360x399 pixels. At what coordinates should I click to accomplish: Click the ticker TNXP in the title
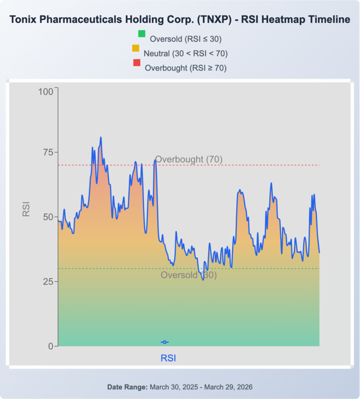[x=213, y=20]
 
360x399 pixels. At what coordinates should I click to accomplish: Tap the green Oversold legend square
[x=142, y=34]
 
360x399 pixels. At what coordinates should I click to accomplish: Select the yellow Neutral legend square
[x=136, y=48]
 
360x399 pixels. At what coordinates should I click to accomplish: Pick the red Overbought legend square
[x=137, y=62]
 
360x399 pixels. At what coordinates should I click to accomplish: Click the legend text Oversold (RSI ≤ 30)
[x=186, y=39]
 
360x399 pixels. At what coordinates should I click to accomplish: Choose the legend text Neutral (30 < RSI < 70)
[x=186, y=53]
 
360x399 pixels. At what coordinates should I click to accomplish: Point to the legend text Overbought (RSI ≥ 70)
[x=186, y=68]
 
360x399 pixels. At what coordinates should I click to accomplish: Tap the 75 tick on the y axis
[x=47, y=152]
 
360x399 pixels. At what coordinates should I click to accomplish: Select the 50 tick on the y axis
[x=47, y=217]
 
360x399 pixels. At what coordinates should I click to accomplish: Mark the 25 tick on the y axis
[x=47, y=281]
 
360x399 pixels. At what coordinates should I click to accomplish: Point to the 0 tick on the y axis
[x=50, y=346]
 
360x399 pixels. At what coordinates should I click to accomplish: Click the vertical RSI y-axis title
[x=26, y=209]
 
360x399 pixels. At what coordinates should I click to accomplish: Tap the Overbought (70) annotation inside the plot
[x=189, y=159]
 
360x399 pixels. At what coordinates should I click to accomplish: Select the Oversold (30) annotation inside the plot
[x=189, y=275]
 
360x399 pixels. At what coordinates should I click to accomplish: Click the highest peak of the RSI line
[x=101, y=137]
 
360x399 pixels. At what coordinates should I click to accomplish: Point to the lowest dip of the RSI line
[x=203, y=280]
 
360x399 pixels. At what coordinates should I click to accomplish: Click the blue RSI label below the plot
[x=168, y=358]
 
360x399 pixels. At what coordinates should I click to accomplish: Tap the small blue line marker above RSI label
[x=165, y=342]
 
